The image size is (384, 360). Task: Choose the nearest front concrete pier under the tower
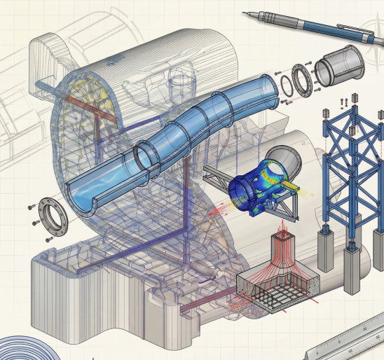point(353,270)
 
